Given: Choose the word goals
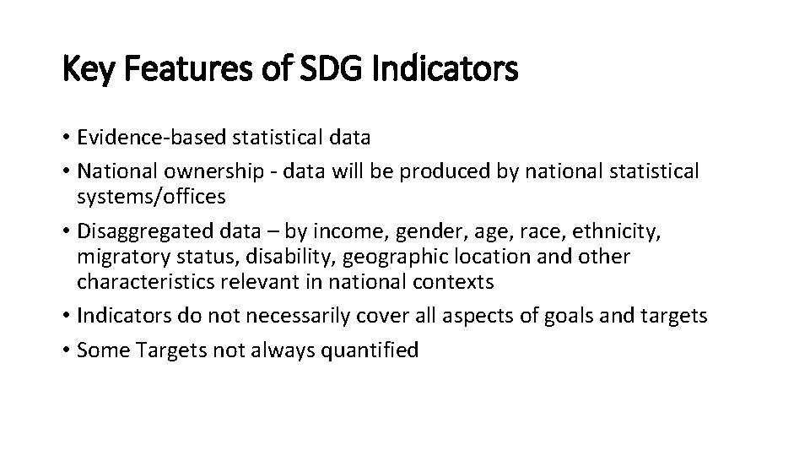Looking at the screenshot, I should pyautogui.click(x=586, y=316).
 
